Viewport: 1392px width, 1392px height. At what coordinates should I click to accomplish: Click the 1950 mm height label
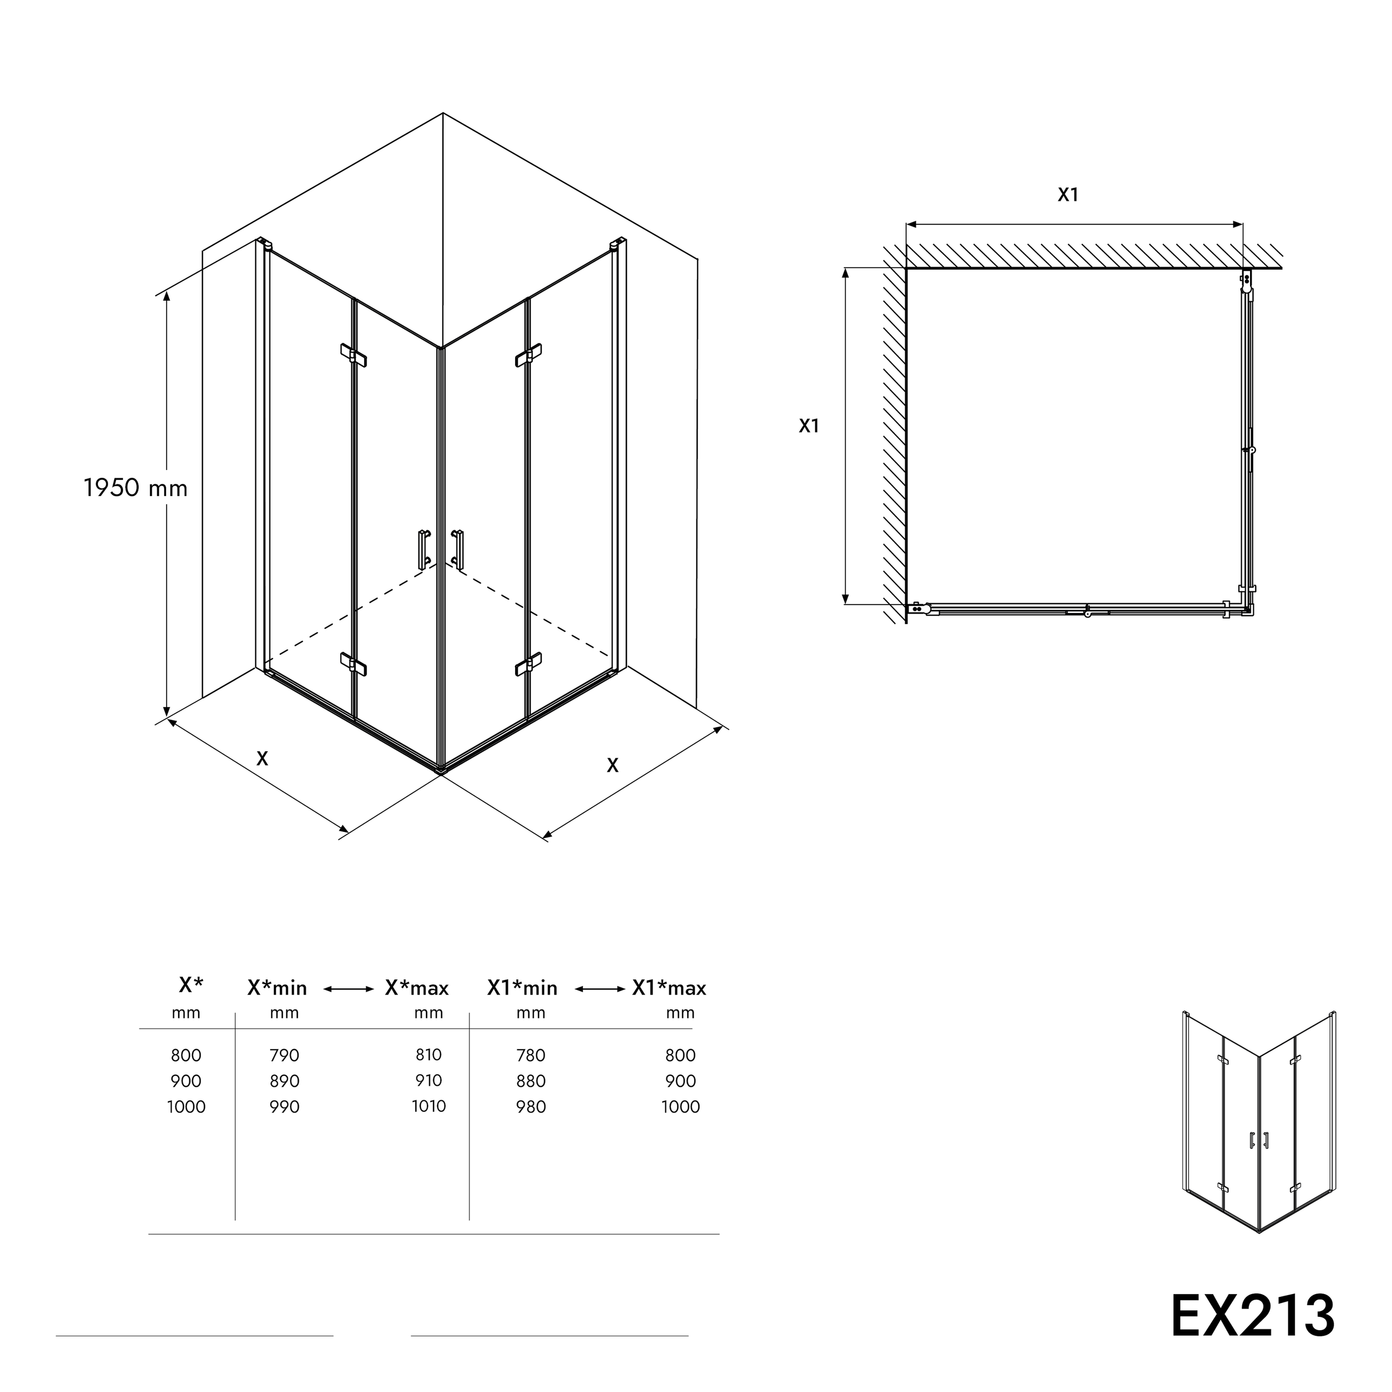click(x=135, y=488)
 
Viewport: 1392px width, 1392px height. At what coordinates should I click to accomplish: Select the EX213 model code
click(x=1252, y=1316)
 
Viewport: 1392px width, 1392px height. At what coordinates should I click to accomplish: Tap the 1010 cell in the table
click(x=429, y=1106)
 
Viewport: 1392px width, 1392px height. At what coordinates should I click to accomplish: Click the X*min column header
click(x=277, y=988)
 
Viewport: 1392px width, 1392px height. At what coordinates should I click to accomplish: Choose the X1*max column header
click(x=669, y=988)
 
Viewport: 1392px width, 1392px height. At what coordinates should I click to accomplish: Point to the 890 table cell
click(x=285, y=1081)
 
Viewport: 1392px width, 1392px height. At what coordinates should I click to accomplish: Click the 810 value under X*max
click(x=429, y=1055)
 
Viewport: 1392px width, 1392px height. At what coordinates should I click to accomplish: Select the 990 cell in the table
click(x=285, y=1107)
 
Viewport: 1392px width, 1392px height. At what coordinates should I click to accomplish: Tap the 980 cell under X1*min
click(x=531, y=1107)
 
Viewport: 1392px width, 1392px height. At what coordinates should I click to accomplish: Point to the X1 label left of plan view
click(x=809, y=426)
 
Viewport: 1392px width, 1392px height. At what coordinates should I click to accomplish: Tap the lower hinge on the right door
click(x=529, y=664)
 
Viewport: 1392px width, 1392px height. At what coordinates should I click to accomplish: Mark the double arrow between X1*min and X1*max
click(x=600, y=989)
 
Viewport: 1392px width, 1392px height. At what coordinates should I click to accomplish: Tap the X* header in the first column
click(x=191, y=984)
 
